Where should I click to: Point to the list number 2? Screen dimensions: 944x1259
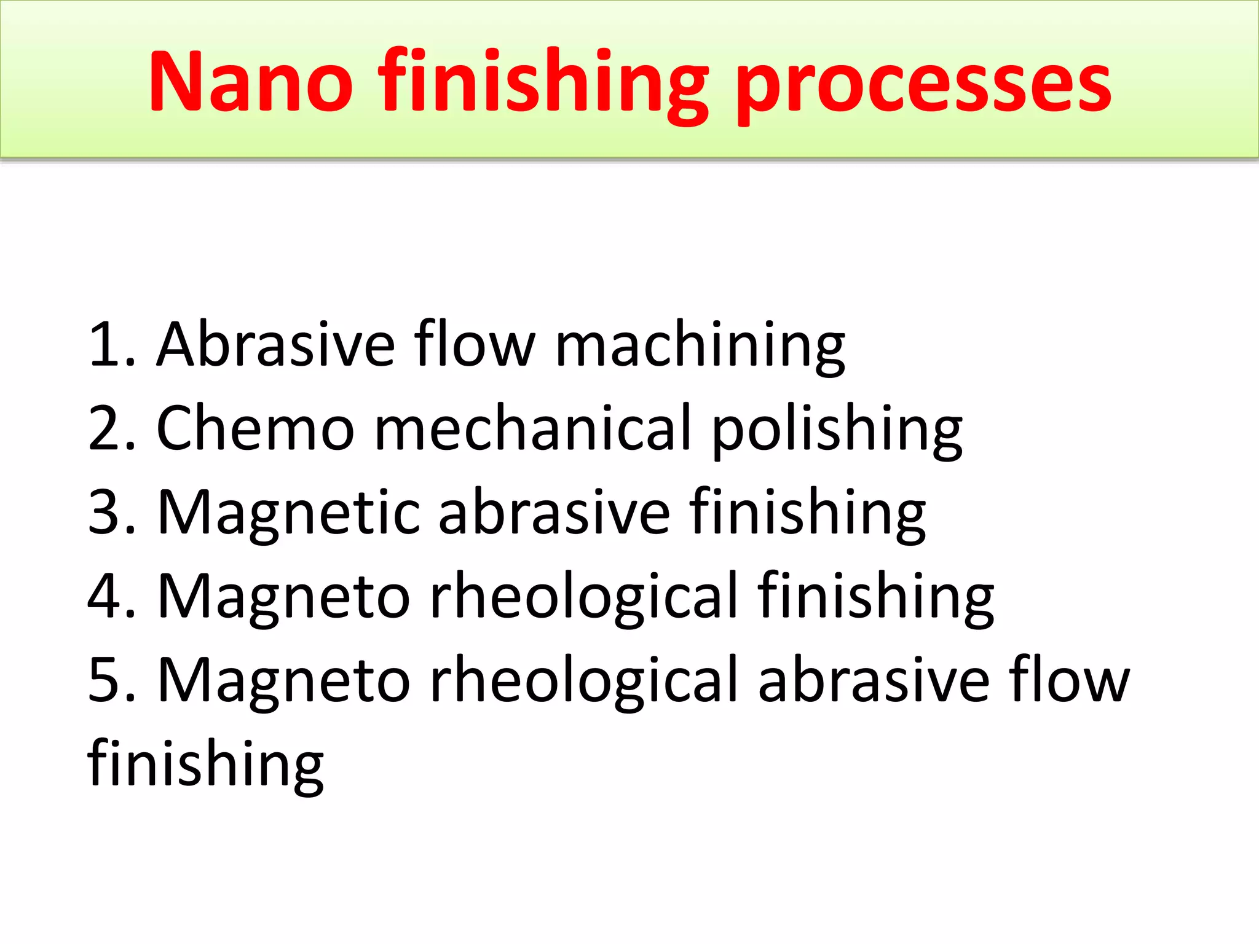[x=111, y=429]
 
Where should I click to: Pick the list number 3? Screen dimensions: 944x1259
[x=111, y=513]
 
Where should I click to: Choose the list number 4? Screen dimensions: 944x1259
[x=111, y=596]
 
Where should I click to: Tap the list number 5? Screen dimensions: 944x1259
[x=111, y=680]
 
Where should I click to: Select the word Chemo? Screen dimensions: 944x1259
[x=256, y=429]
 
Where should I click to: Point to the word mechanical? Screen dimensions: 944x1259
[x=534, y=429]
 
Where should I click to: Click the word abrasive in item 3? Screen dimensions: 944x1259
[x=553, y=513]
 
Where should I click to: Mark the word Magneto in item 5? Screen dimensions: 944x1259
[x=284, y=681]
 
